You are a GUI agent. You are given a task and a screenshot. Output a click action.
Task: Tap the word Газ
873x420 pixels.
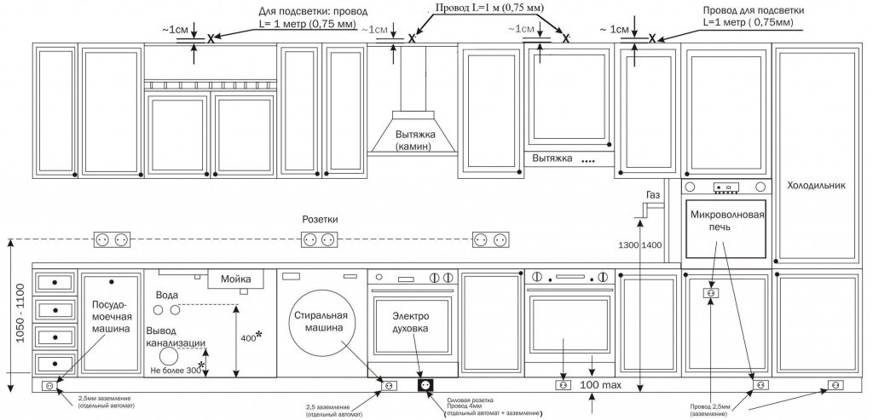653,196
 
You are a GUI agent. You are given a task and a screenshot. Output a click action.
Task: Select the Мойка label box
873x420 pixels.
236,279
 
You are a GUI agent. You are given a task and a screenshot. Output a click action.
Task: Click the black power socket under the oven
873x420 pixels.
425,385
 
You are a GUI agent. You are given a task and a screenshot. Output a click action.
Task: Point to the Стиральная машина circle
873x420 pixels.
318,320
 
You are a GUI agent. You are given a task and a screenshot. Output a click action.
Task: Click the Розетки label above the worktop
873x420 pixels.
320,219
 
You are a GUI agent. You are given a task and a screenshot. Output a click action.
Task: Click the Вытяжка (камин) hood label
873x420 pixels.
413,141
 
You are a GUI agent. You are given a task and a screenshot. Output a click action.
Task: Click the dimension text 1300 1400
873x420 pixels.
639,245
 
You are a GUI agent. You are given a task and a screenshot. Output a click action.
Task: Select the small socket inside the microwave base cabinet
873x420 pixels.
708,293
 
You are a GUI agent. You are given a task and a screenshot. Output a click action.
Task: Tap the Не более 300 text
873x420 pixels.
175,371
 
